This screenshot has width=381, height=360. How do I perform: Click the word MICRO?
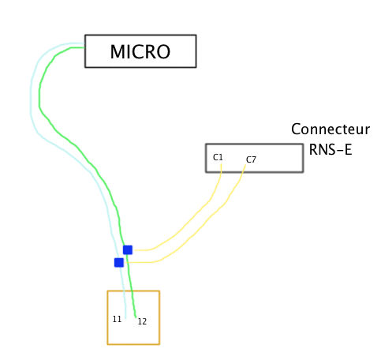pos(140,52)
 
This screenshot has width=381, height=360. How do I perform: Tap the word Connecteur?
pos(330,129)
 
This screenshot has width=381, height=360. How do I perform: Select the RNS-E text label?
pos(330,148)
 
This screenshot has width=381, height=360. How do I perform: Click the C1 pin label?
pos(218,158)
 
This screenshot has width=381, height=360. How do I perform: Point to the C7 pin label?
pos(251,160)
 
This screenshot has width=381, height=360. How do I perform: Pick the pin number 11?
pos(117,319)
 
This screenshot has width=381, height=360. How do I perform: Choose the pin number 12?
pos(142,321)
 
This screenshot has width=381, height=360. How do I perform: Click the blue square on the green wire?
pos(127,249)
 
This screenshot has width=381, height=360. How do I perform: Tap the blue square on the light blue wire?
pos(118,262)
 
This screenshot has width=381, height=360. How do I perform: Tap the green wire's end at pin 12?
pos(136,314)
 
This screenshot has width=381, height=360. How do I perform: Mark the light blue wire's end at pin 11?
pos(125,314)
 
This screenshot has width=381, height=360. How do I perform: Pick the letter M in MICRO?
pos(118,52)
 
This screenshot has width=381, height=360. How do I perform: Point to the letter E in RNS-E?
pos(347,148)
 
